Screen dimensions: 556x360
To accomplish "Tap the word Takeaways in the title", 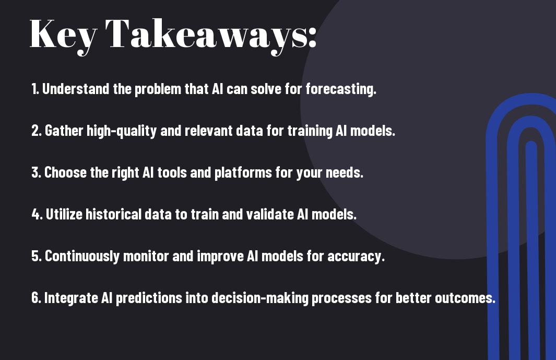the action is [206, 36].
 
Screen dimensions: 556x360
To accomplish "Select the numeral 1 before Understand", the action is [34, 89].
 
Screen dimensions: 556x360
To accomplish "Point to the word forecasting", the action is [341, 89].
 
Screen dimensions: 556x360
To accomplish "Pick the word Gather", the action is [64, 131].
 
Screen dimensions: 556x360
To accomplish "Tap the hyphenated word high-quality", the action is [122, 131].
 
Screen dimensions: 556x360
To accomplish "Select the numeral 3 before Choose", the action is [36, 172].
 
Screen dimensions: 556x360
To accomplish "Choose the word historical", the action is [113, 214].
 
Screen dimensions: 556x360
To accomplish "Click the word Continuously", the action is [82, 257].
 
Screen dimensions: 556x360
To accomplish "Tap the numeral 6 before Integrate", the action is [36, 297].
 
